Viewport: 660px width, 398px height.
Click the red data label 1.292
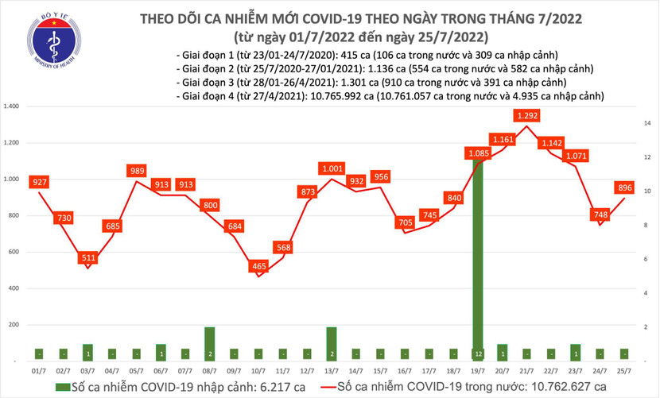[x=530, y=116]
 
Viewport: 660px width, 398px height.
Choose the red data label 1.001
[x=332, y=169]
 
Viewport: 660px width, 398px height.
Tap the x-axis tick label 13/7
[x=333, y=371]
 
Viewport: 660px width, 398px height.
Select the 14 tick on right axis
[x=648, y=123]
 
